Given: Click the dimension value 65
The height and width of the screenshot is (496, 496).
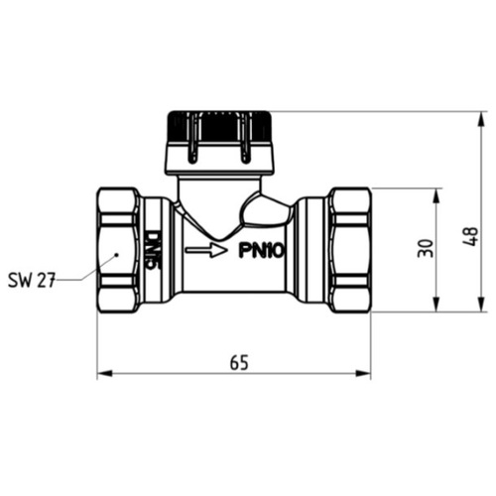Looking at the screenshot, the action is coord(239,362).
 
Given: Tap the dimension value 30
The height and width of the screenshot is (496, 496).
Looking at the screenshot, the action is coord(426,248).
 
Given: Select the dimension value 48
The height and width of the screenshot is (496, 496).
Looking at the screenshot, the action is coord(470,236).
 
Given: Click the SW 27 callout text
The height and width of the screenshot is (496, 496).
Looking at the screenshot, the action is coord(32,280).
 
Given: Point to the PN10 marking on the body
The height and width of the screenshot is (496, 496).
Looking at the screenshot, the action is coord(261,251).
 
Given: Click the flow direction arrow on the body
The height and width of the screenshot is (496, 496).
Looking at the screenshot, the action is coord(206,250).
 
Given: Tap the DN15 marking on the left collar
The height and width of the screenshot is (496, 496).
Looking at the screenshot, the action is coord(153,251).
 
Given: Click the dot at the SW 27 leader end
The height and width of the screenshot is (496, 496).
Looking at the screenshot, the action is coord(116,255).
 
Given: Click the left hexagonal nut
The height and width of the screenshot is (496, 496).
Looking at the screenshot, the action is coord(118,250).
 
